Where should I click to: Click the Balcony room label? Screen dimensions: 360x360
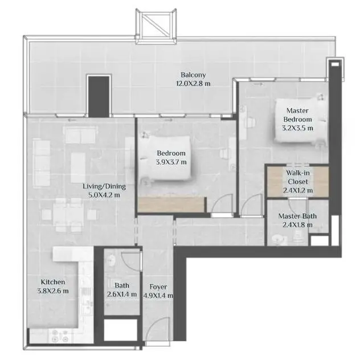point(193,75)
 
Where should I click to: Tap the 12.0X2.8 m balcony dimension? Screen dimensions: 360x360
point(193,84)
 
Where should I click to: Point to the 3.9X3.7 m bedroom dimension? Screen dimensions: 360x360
point(171,162)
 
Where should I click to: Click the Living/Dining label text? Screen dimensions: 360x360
point(104,186)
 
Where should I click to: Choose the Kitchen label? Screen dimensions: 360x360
point(53,282)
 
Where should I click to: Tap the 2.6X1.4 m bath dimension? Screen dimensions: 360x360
point(122,294)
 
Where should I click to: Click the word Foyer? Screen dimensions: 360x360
point(158,287)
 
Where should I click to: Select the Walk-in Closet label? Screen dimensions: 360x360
point(298,177)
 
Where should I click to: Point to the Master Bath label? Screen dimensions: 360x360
point(297,216)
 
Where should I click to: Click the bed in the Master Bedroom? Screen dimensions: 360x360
point(301,121)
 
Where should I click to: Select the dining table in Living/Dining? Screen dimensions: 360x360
point(68,215)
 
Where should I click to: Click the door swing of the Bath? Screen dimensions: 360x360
point(130,261)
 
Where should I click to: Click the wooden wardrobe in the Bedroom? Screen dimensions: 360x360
point(171,204)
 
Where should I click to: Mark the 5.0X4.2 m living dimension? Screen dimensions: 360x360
point(104,195)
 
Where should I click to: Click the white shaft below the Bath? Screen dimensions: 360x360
point(121,329)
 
